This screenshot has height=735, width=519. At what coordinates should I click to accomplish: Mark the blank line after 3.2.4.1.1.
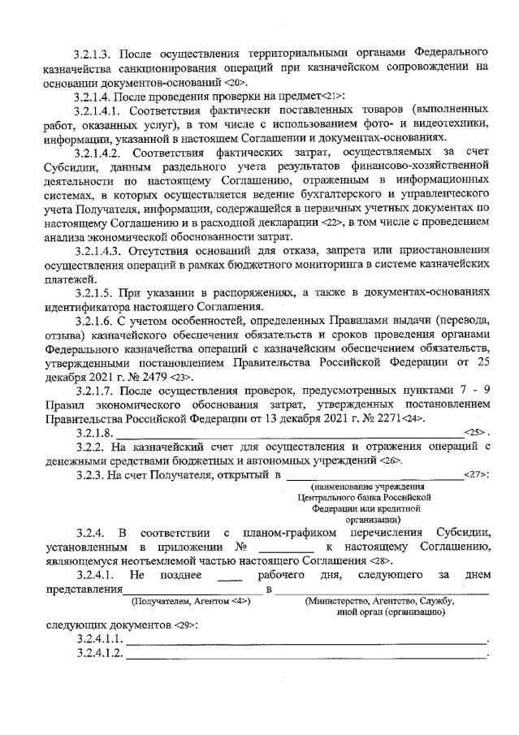(306, 642)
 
